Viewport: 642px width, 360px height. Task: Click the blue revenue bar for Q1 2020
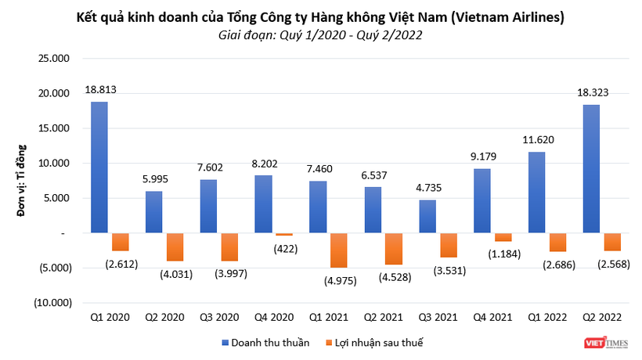click(99, 167)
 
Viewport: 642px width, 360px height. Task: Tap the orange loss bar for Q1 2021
click(338, 250)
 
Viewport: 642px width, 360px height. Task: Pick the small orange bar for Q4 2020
click(283, 235)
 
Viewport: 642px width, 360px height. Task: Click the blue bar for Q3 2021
click(427, 217)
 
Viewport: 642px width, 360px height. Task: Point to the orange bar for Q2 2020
click(175, 247)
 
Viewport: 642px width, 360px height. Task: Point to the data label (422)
click(285, 250)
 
